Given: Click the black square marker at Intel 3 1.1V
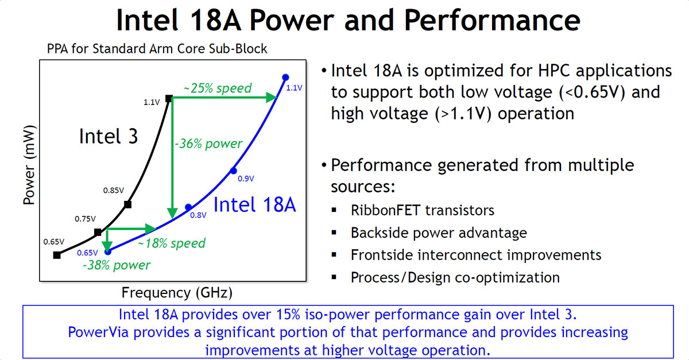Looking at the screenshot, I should coord(169,98).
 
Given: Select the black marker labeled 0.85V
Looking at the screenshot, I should coord(127,204).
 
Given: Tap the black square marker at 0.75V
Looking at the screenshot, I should coord(98,232).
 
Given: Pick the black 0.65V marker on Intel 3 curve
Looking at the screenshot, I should coord(56,255).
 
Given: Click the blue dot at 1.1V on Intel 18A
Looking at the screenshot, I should coord(285,77).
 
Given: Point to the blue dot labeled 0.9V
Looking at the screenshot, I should coord(233,170).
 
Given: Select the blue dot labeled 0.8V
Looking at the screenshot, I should coord(188,207).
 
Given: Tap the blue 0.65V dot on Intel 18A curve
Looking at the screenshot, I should coord(107,250).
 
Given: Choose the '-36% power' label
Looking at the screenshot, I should coord(208,144).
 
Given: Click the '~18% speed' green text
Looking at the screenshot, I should coord(171,243).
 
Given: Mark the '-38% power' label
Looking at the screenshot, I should coord(116,265).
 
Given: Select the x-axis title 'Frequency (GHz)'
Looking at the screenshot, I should coord(177,293).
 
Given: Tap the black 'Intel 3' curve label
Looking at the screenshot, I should coord(108,137).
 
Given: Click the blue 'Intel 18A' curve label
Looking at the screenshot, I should coord(254,204).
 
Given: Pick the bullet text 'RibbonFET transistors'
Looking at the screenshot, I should coord(422,210).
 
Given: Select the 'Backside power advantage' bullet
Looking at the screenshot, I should coord(439,233).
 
